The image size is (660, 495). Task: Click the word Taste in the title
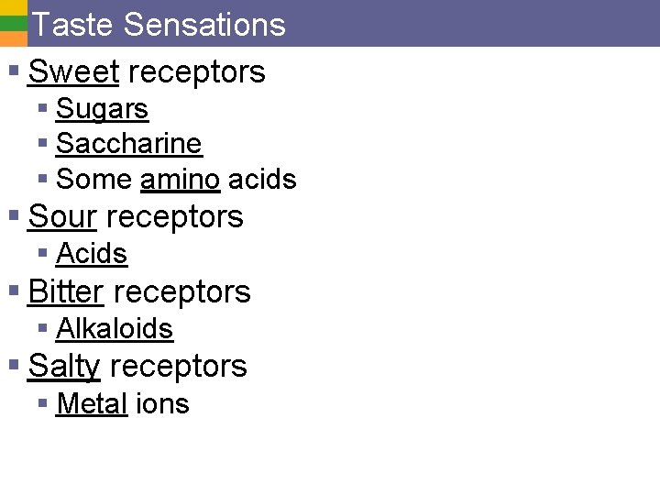pos(73,25)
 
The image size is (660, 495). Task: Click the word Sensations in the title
pos(204,25)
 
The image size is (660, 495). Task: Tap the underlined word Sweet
pos(73,71)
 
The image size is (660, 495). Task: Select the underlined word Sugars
pos(102,109)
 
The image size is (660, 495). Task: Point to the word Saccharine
pos(128,144)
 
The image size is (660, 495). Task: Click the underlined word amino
pos(180,180)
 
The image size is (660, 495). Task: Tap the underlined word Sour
pos(62,217)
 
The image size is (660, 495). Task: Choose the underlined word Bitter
pos(66,291)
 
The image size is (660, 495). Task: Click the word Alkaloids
pos(115,328)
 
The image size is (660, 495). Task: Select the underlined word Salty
pos(64,366)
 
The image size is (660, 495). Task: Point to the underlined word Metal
pos(92,403)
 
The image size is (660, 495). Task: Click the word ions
pos(162,403)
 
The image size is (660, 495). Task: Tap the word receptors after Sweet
pos(197,71)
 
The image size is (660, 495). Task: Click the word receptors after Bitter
pos(181,291)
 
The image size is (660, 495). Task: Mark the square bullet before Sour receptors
pos(14,216)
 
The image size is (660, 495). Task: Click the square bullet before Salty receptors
pos(14,365)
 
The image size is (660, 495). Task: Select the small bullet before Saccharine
pos(42,144)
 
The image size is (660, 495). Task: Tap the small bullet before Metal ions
pos(42,403)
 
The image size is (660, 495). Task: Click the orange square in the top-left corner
pos(13,39)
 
